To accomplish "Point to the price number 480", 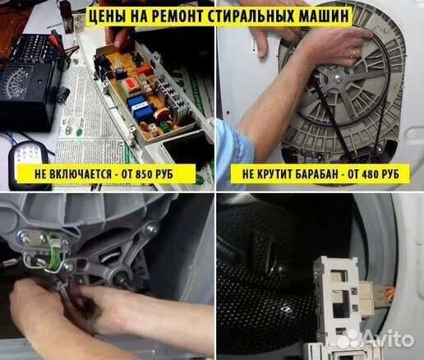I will (x=366, y=174).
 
